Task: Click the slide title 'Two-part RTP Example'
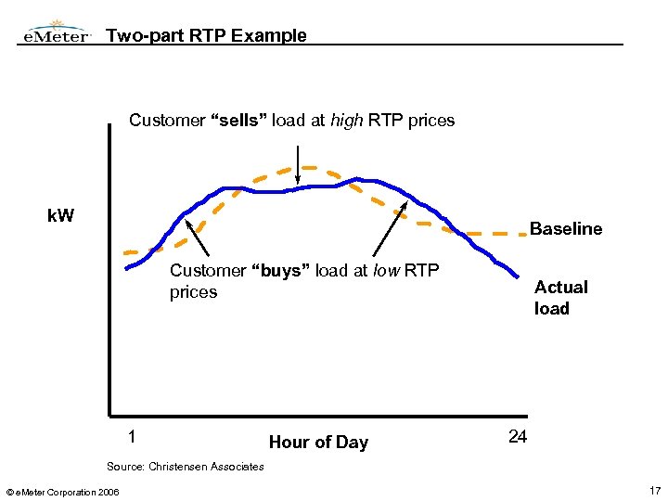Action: click(206, 36)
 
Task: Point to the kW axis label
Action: click(61, 217)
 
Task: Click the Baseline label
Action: click(565, 229)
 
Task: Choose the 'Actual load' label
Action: click(560, 298)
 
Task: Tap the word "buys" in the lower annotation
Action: click(281, 271)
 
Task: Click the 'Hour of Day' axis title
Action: click(318, 443)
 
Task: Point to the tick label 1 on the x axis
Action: click(132, 437)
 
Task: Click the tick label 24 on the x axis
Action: click(518, 437)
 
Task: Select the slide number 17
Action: click(656, 489)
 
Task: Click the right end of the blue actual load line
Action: click(517, 276)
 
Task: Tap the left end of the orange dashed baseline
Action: click(128, 252)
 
